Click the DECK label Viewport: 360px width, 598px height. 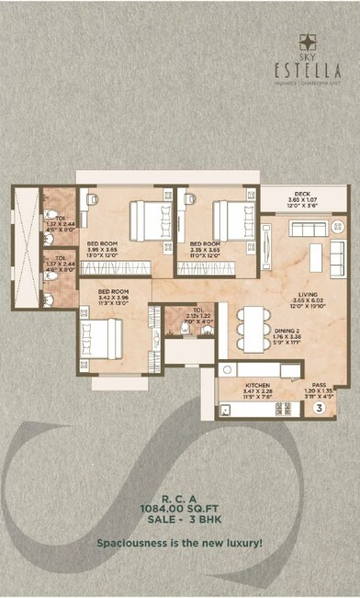[x=301, y=193]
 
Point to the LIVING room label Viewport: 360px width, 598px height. [x=302, y=293]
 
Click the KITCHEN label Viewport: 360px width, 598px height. [x=257, y=386]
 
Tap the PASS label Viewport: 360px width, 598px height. [x=319, y=386]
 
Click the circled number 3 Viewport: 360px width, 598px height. [x=319, y=406]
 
